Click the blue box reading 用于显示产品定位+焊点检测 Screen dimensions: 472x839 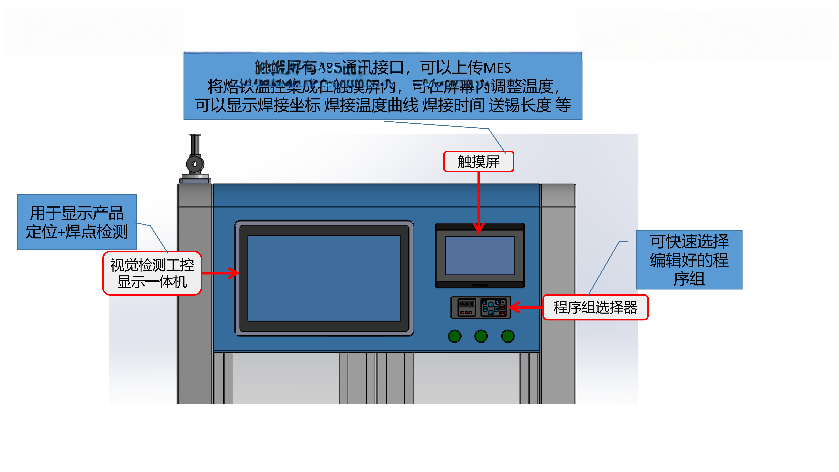click(x=77, y=222)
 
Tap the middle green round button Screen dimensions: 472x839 click(x=481, y=336)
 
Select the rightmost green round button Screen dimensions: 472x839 click(x=507, y=336)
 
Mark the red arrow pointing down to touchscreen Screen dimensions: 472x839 click(x=479, y=202)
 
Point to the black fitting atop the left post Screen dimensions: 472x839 click(x=195, y=160)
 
